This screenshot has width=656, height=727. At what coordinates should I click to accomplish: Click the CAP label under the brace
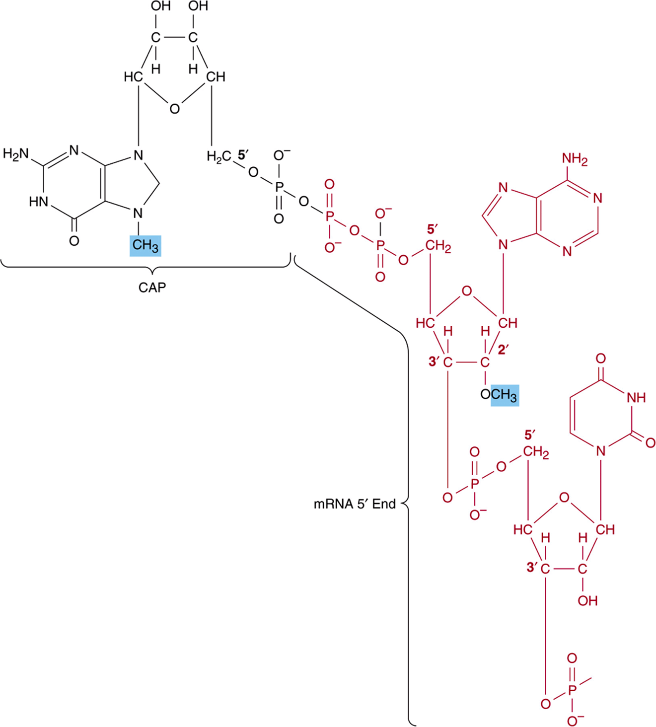(152, 288)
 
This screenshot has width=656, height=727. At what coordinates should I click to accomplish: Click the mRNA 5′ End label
(355, 504)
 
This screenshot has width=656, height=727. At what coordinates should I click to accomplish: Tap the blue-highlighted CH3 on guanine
(146, 246)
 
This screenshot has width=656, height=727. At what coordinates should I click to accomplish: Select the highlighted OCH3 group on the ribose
(500, 395)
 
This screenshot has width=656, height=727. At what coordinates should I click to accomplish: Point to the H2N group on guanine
(15, 154)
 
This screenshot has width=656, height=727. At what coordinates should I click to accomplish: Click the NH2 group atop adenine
(575, 159)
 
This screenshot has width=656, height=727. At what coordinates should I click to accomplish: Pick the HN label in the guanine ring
(38, 202)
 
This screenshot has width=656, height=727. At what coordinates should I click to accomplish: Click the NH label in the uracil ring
(636, 398)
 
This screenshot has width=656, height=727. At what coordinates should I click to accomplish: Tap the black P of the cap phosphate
(279, 187)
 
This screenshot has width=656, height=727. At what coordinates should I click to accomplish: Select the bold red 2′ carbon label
(504, 350)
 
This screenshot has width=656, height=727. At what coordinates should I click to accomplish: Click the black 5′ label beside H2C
(243, 155)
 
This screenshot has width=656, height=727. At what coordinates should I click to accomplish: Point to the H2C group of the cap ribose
(219, 157)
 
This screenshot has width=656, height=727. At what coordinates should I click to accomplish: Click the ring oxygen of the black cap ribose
(174, 109)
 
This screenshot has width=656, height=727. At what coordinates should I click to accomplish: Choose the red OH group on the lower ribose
(587, 601)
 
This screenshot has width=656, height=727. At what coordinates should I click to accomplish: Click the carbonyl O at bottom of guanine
(74, 241)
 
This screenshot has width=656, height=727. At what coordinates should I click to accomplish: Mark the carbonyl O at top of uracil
(600, 359)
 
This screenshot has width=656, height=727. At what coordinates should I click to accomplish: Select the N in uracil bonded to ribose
(600, 451)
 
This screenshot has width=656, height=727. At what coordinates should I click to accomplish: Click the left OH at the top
(160, 6)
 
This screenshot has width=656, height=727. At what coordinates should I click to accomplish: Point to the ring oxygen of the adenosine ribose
(467, 291)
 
